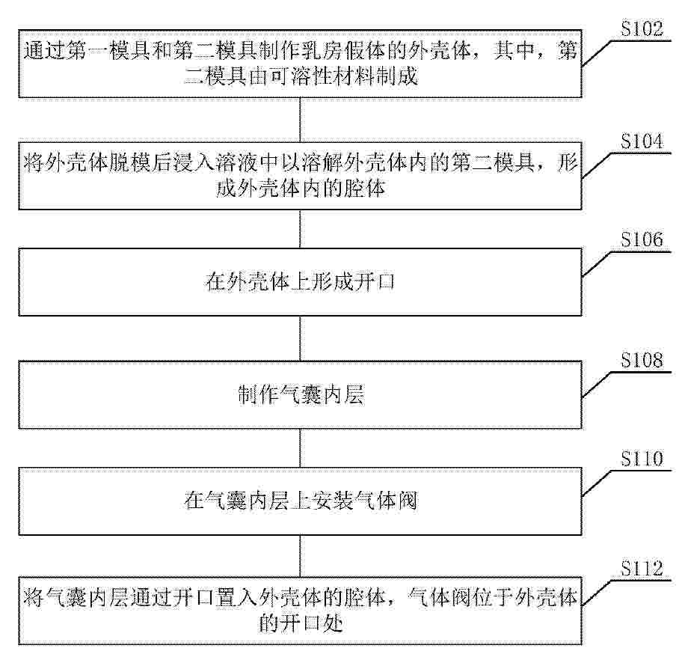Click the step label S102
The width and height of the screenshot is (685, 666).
point(642,29)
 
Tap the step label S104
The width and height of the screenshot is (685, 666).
point(642,141)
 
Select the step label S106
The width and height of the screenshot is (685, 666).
point(642,239)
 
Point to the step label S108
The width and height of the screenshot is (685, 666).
point(642,360)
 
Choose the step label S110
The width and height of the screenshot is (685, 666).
point(642,458)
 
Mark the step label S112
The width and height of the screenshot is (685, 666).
point(642,569)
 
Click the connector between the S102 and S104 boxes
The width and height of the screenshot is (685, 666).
point(300,120)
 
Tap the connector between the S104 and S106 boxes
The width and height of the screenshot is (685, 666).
point(300,229)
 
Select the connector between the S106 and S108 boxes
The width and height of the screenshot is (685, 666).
point(300,338)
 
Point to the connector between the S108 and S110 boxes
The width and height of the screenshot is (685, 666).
point(300,448)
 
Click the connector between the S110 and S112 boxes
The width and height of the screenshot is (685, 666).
point(300,556)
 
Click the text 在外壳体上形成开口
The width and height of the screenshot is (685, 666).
point(300,282)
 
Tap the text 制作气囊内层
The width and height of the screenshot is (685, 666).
point(301,395)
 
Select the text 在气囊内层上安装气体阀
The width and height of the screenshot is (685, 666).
point(301,501)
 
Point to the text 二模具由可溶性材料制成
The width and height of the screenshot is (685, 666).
point(301,76)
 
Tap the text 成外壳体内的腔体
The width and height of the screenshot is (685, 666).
point(301,189)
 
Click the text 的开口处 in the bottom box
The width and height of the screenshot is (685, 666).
point(301,623)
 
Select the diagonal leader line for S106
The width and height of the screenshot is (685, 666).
point(596,264)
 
